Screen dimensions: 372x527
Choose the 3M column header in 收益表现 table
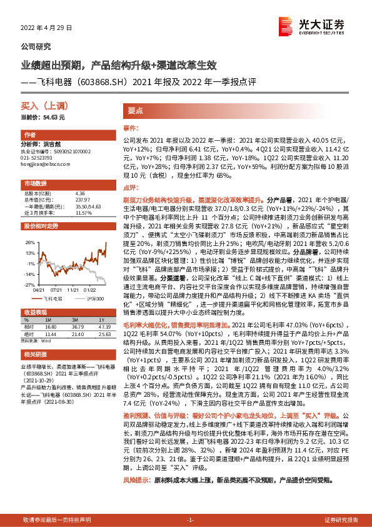pos(78,320)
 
